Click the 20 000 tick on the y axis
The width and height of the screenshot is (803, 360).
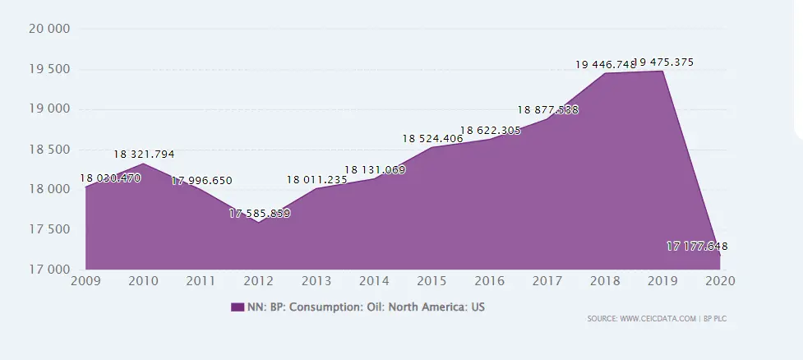tap(48, 29)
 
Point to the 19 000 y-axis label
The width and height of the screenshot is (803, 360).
tap(48, 109)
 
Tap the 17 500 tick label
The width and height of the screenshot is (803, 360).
tap(48, 229)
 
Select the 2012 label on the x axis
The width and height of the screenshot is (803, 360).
tap(259, 280)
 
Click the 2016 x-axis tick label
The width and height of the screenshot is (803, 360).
tap(489, 280)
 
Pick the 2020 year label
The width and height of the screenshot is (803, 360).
tap(719, 280)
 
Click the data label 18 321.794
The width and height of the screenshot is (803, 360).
tap(144, 155)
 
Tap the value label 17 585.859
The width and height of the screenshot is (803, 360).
tap(260, 214)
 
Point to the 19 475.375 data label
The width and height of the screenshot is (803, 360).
tap(664, 62)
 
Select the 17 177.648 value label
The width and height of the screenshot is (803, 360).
tap(697, 247)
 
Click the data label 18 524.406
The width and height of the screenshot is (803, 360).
tap(432, 139)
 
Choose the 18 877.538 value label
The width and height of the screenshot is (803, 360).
tap(547, 109)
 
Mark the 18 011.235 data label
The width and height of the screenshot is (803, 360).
tap(317, 179)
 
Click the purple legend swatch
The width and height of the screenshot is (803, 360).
tap(237, 307)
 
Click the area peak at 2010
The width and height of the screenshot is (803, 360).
tap(143, 164)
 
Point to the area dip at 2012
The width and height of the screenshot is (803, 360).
tap(259, 223)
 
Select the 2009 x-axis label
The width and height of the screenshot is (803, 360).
tap(85, 280)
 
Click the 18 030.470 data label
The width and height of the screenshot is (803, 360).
tap(110, 178)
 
